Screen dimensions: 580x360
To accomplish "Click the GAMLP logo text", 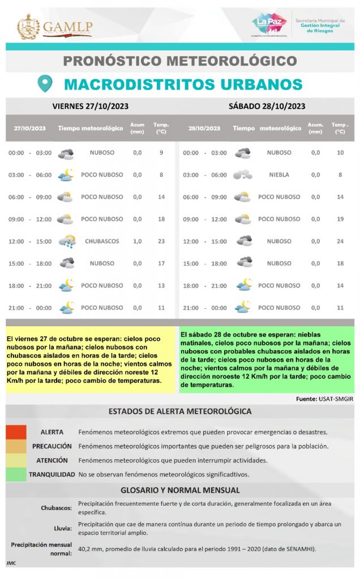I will click(67, 27).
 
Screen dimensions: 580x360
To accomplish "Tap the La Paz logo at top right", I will click(269, 24).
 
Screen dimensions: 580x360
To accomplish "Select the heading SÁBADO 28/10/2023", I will click(267, 106).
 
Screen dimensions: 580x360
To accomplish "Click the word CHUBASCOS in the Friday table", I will click(102, 241).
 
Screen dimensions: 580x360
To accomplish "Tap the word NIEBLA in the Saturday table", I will click(279, 175).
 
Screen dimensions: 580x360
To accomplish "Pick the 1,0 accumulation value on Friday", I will click(138, 241).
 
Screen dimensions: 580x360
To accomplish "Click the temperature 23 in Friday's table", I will click(161, 241).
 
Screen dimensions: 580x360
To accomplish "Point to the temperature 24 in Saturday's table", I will click(340, 241).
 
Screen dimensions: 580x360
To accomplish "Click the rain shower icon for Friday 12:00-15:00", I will click(67, 242).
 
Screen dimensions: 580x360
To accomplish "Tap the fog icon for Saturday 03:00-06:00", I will click(243, 175).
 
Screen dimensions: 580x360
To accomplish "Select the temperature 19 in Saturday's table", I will click(340, 219).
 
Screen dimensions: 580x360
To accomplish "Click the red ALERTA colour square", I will click(16, 432).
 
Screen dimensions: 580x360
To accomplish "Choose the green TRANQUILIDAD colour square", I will click(16, 474).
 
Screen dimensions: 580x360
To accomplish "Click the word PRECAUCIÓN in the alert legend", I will click(52, 446).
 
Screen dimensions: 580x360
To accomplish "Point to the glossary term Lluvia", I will click(63, 528).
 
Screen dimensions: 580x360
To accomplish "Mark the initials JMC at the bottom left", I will click(11, 564).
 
